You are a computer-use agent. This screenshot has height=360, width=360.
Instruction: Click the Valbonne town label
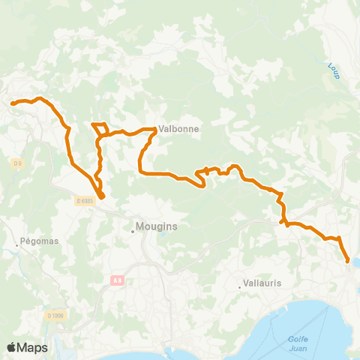point(178,129)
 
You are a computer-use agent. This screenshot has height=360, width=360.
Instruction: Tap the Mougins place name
point(154,225)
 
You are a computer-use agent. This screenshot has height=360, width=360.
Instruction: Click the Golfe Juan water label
point(298,343)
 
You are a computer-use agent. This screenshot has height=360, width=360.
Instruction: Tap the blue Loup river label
point(333,70)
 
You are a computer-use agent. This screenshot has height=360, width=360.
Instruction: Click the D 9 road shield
point(18,163)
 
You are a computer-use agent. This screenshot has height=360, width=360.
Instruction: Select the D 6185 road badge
point(84,200)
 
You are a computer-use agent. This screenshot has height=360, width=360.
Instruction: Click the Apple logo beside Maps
point(11,347)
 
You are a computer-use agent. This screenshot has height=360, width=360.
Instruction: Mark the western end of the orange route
point(13,103)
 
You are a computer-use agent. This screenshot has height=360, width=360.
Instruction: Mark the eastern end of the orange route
point(348,260)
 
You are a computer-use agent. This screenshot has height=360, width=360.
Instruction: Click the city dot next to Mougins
point(133,232)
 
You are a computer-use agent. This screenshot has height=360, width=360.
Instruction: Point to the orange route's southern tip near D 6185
point(101,197)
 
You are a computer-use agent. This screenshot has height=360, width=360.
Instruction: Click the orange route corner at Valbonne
point(155,130)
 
